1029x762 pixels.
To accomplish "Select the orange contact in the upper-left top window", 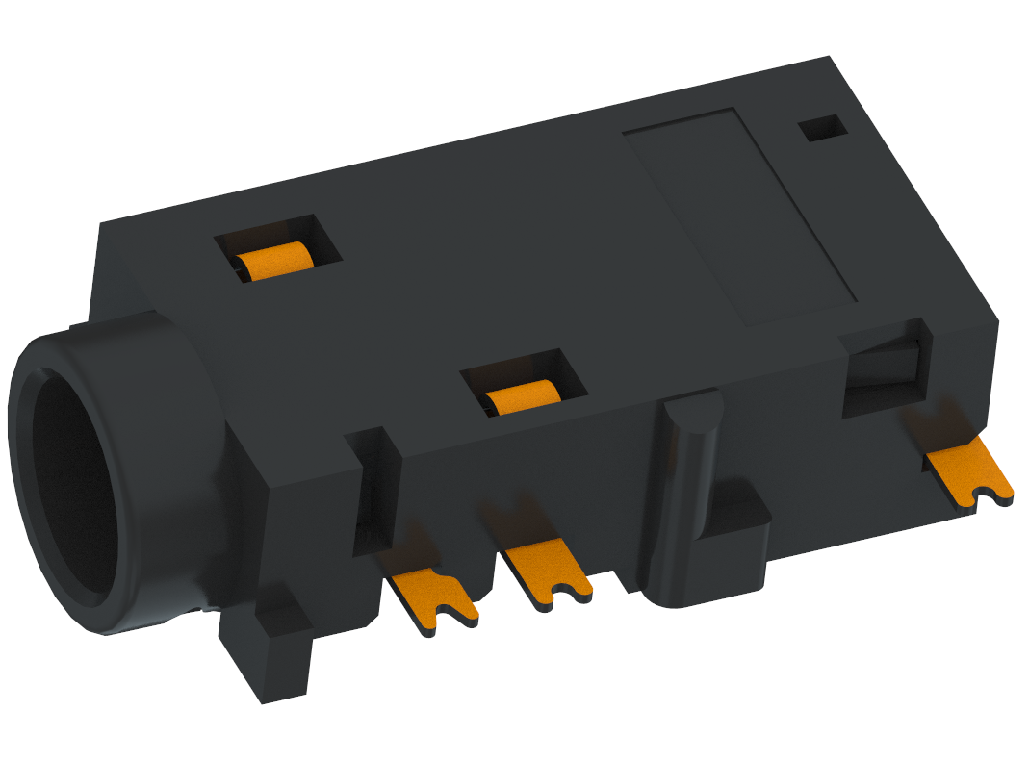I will click(275, 262).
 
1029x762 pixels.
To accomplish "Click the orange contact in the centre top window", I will click(522, 395).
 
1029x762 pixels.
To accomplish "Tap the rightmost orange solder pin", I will click(967, 471).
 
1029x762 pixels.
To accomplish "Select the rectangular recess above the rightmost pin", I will click(884, 375).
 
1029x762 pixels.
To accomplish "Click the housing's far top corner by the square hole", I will click(830, 58).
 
